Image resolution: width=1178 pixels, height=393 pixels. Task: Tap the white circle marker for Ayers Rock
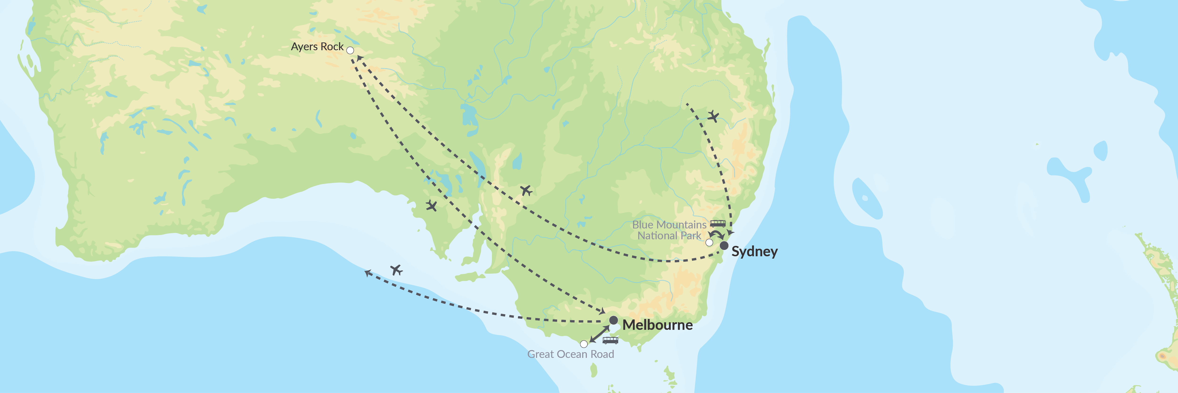[x=350, y=50]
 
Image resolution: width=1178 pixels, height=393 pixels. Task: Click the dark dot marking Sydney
[x=724, y=246]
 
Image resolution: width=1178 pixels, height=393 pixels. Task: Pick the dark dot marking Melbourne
[x=613, y=320]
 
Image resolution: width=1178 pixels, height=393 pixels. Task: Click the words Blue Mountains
[x=669, y=225]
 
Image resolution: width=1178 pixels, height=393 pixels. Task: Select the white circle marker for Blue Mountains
[x=709, y=243]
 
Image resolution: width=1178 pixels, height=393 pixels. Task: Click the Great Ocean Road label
[x=570, y=354]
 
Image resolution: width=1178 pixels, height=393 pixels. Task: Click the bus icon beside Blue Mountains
[x=717, y=224]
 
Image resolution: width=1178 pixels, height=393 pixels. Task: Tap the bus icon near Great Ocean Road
[x=610, y=340]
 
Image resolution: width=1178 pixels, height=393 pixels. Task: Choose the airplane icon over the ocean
[x=396, y=270]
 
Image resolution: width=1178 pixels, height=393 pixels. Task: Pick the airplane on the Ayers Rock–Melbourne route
[x=431, y=206]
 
